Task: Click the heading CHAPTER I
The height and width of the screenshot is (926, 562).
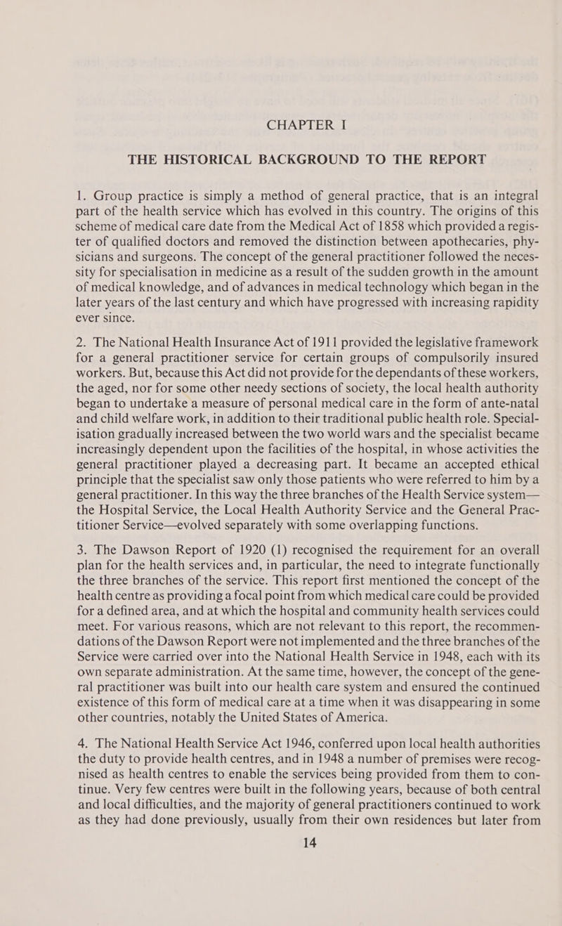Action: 281,126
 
